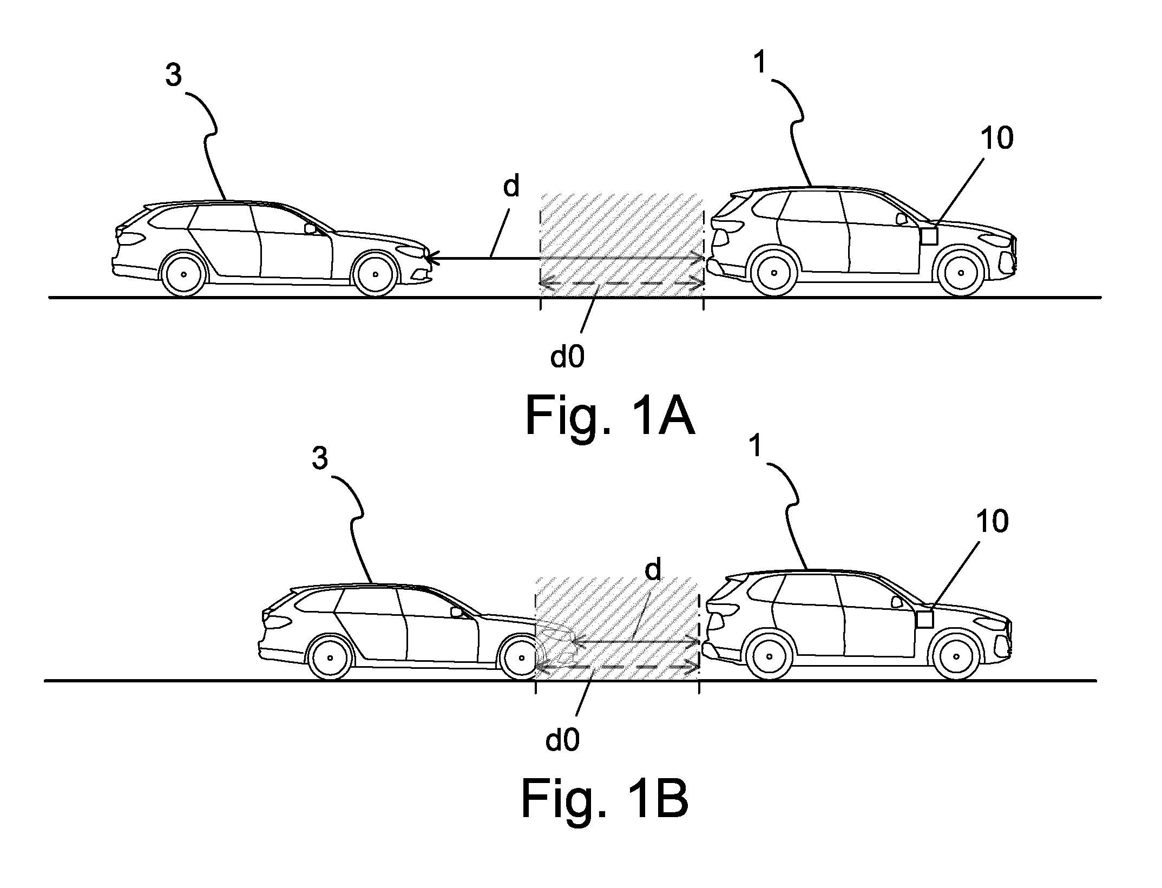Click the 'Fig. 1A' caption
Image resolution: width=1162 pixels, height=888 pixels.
pyautogui.click(x=610, y=416)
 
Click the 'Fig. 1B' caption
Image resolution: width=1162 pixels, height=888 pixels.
pyautogui.click(x=605, y=800)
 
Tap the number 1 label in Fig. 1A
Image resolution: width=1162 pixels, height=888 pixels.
pyautogui.click(x=760, y=63)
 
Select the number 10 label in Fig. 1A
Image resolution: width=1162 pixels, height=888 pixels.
pyautogui.click(x=996, y=139)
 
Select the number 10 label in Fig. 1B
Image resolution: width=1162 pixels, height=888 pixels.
pyautogui.click(x=993, y=523)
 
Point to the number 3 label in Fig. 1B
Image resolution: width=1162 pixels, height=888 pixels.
pyautogui.click(x=320, y=459)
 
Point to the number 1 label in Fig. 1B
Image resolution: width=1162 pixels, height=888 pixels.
pyautogui.click(x=756, y=448)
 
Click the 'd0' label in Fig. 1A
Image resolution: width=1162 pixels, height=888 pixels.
pyautogui.click(x=567, y=357)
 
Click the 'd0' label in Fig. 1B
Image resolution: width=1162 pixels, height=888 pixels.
pyautogui.click(x=562, y=741)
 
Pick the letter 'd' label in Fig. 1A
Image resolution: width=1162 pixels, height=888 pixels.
pyautogui.click(x=511, y=186)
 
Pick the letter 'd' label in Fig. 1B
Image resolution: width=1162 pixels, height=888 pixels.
pyautogui.click(x=653, y=570)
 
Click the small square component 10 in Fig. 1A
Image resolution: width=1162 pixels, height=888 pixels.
pyautogui.click(x=929, y=236)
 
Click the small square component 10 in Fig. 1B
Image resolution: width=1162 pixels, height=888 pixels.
pyautogui.click(x=925, y=619)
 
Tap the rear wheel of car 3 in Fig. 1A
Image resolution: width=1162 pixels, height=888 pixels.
pyautogui.click(x=184, y=274)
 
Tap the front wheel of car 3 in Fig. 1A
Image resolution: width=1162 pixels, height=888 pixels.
pyautogui.click(x=375, y=274)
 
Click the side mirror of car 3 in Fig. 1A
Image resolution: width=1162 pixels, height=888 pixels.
pyautogui.click(x=310, y=229)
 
